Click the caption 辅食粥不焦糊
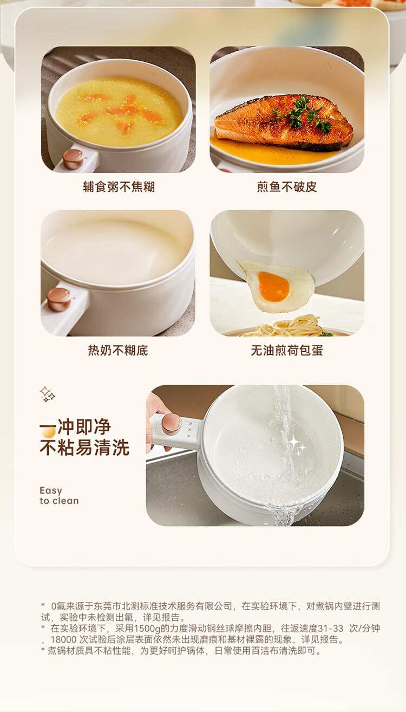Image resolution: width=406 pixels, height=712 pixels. (119, 187)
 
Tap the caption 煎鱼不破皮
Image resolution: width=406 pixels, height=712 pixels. (287, 187)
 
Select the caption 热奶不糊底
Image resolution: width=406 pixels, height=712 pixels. (118, 350)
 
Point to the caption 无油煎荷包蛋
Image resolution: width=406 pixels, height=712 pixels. (287, 350)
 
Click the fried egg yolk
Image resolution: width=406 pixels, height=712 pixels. (273, 286)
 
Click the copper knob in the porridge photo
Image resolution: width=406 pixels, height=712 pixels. (73, 159)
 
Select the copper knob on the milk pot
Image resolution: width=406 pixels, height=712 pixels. (58, 299)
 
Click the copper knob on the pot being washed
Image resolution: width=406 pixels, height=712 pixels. (172, 424)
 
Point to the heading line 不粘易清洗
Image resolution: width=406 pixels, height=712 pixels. (84, 448)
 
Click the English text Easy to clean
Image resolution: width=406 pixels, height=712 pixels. (59, 496)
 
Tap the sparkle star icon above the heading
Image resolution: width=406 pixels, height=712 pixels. (47, 394)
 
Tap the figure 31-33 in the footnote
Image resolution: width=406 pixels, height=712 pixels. (330, 628)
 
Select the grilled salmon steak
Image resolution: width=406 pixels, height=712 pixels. (284, 122)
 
